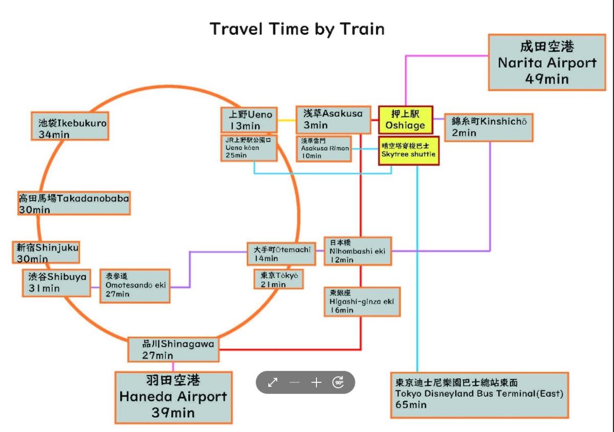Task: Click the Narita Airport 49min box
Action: [x=546, y=62]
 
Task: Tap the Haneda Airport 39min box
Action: [x=173, y=397]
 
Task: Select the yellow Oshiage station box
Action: [x=405, y=120]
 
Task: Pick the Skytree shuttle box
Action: [x=408, y=150]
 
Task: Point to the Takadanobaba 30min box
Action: [x=74, y=203]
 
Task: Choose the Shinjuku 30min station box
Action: [x=46, y=253]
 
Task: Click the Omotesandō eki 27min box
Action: [x=135, y=285]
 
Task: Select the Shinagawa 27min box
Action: [x=173, y=349]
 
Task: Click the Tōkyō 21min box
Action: [x=279, y=279]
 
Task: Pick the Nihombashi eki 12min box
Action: [x=358, y=251]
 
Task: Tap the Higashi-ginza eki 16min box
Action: [x=362, y=302]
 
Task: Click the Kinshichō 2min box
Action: [x=489, y=127]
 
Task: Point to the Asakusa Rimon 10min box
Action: [x=324, y=148]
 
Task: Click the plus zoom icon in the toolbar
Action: [x=316, y=382]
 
